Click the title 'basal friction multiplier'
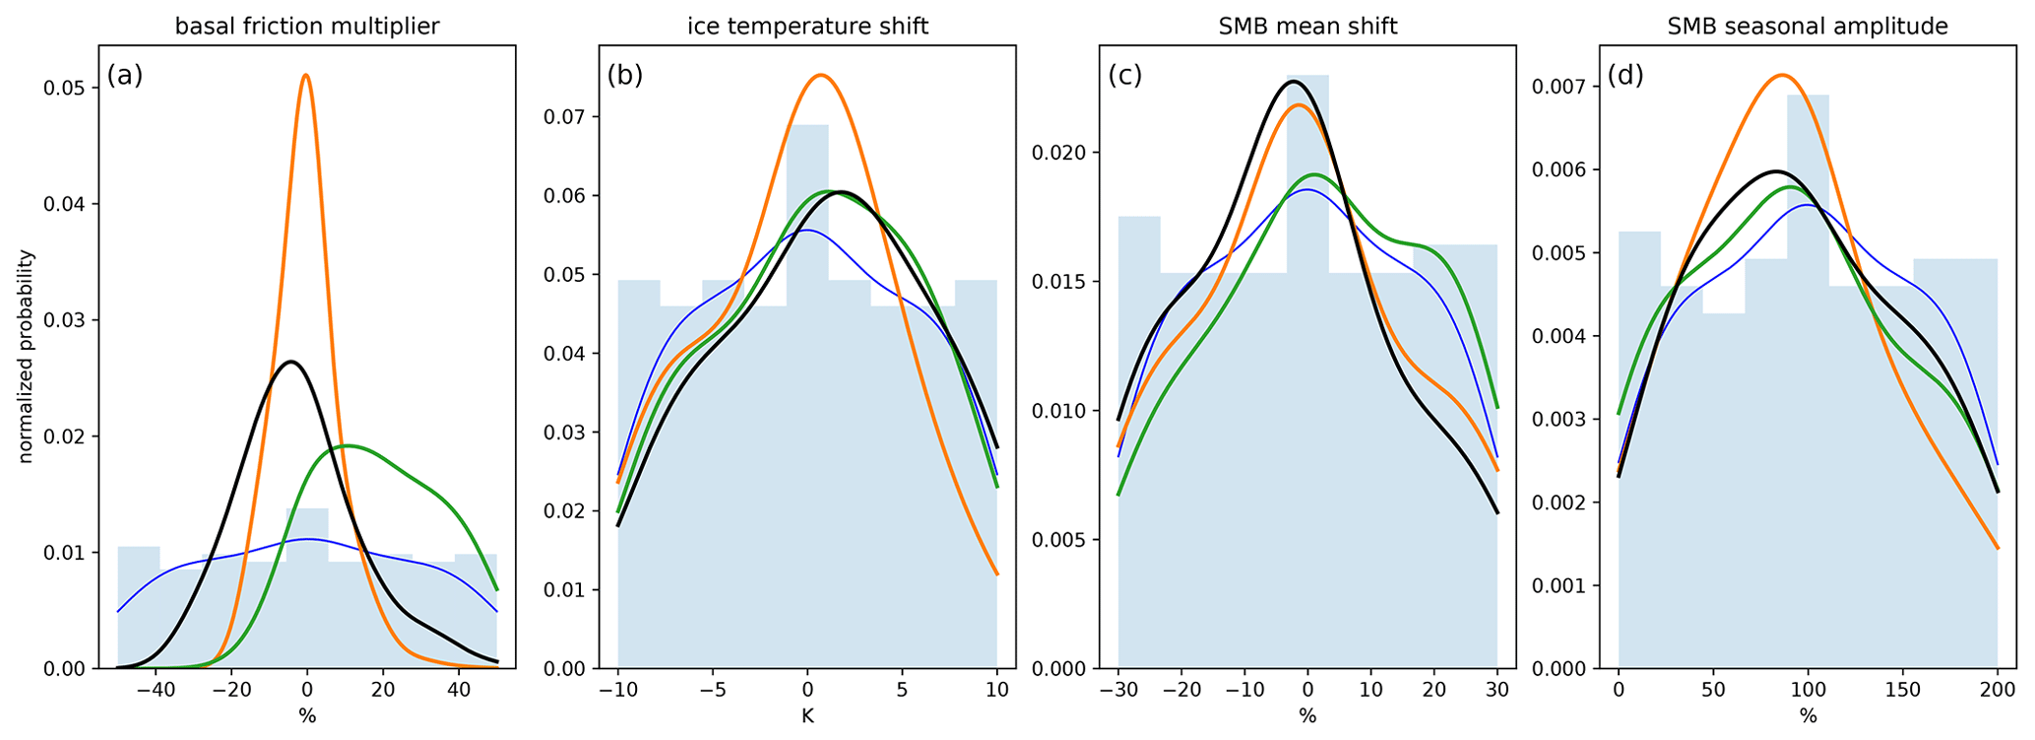tap(307, 27)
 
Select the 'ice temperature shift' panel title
tap(807, 27)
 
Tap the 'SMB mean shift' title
tap(1307, 27)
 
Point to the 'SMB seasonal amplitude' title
tap(1808, 27)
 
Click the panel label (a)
tap(125, 75)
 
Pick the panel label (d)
tap(1625, 75)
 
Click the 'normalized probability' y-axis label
tap(27, 357)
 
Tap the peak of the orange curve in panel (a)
tap(306, 75)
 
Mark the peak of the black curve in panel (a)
tap(290, 362)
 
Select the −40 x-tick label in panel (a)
tap(156, 691)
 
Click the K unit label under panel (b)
tap(807, 717)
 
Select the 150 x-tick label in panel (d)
tap(1902, 691)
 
